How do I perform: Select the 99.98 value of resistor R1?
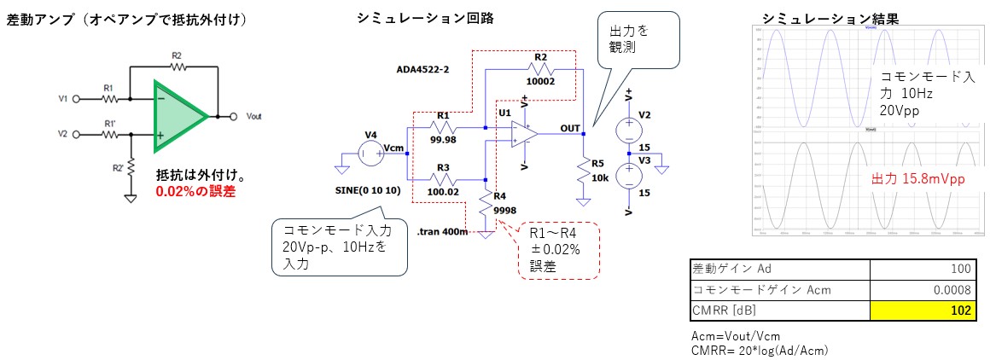(442, 140)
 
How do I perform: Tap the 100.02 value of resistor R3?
(442, 192)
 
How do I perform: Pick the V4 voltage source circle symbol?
(370, 154)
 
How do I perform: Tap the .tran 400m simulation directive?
(443, 231)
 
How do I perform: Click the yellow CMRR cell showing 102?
(923, 311)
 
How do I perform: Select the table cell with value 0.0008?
(923, 290)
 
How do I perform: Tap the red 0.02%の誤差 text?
(195, 192)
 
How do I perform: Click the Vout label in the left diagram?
(253, 116)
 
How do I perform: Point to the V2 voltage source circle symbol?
(628, 127)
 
